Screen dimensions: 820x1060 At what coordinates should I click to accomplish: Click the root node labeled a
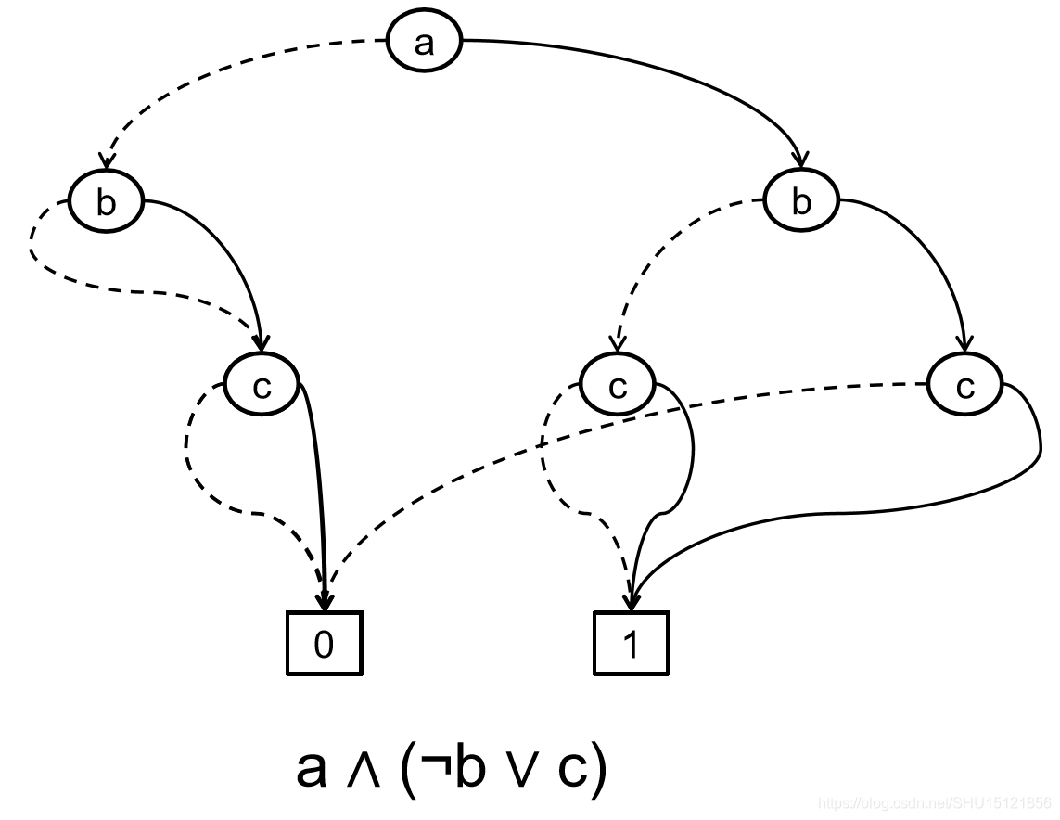(x=424, y=43)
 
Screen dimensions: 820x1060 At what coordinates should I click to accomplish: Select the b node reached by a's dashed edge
(x=106, y=201)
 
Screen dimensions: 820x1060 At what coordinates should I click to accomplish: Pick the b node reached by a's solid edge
(x=801, y=201)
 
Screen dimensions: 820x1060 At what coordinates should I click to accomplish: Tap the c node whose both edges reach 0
(x=262, y=385)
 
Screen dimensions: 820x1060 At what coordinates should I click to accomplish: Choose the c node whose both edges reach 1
(x=618, y=385)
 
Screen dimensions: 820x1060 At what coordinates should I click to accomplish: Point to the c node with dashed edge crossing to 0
(x=965, y=385)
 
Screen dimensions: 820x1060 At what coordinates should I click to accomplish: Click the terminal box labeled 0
(x=323, y=644)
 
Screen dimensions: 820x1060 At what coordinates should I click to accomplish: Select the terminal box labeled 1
(x=631, y=644)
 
